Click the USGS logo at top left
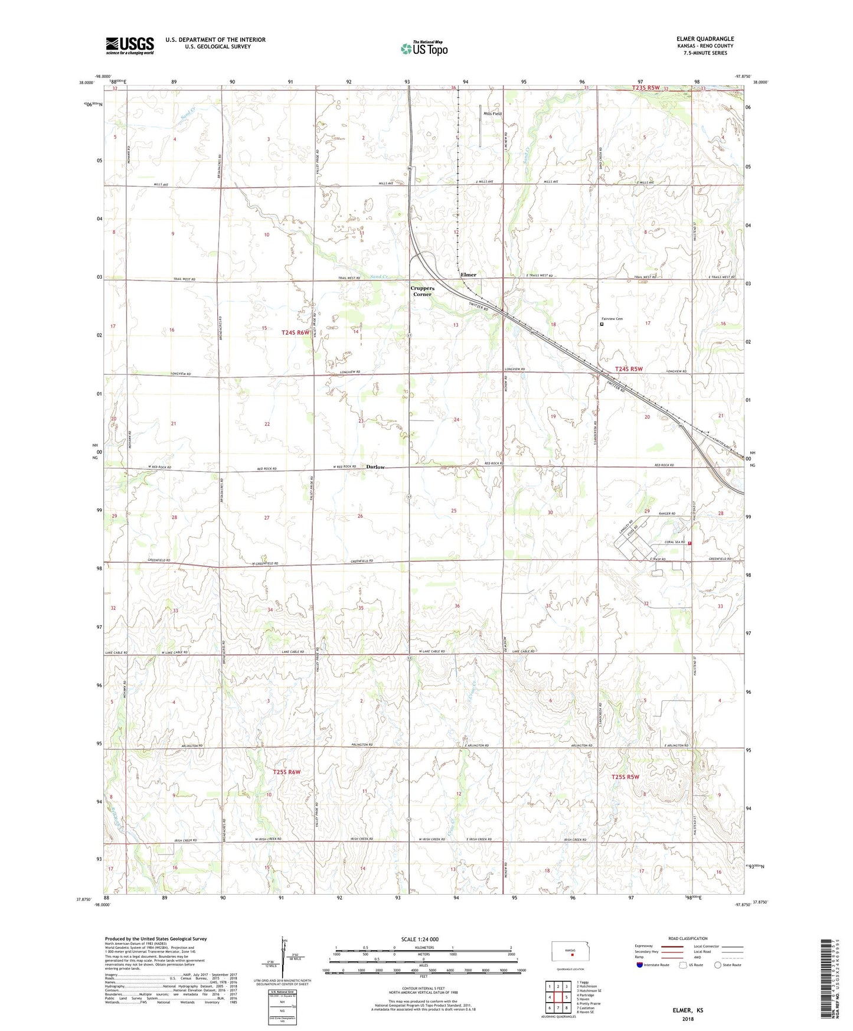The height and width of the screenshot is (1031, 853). (130, 45)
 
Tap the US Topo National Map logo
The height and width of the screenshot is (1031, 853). (424, 48)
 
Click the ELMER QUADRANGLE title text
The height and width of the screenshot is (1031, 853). (705, 39)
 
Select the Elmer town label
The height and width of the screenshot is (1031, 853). (468, 275)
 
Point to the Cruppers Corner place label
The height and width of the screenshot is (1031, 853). (423, 291)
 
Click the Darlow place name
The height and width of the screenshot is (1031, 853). (375, 467)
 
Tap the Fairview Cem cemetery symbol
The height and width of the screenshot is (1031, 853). (602, 324)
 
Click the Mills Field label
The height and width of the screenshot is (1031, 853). (492, 113)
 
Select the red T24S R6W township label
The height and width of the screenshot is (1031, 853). (295, 332)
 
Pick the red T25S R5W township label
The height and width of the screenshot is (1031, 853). (625, 777)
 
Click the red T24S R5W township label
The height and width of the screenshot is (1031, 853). (629, 369)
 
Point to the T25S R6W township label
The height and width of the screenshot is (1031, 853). (287, 772)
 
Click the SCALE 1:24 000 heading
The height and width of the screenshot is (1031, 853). (420, 939)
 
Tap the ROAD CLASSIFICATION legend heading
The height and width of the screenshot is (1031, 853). (688, 938)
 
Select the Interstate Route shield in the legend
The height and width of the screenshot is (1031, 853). (640, 965)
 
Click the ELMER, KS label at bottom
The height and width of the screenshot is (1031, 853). (688, 1010)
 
